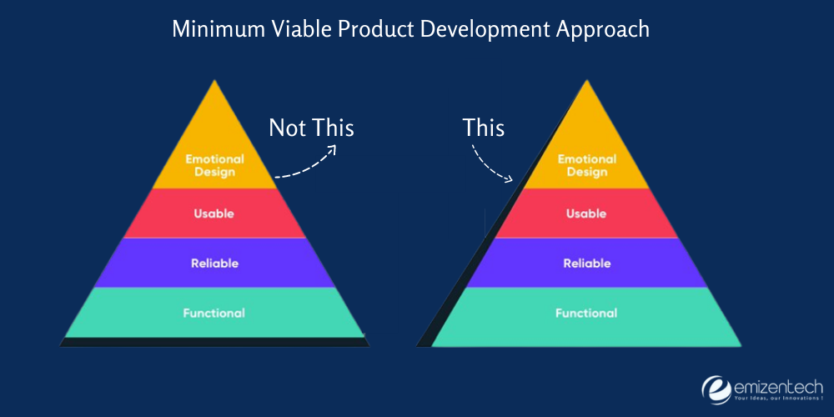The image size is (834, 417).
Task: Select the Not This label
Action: pyautogui.click(x=311, y=128)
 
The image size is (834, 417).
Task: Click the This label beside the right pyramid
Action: pyautogui.click(x=484, y=128)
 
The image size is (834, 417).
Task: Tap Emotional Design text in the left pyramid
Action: pyautogui.click(x=214, y=165)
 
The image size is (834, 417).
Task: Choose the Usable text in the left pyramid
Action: pyautogui.click(x=214, y=214)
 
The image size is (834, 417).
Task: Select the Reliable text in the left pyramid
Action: pyautogui.click(x=214, y=264)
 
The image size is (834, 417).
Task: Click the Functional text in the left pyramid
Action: pyautogui.click(x=214, y=314)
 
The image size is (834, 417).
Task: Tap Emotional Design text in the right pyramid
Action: pyautogui.click(x=586, y=165)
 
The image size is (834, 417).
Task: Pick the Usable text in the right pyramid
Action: pyautogui.click(x=586, y=214)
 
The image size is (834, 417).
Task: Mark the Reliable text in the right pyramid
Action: pyautogui.click(x=586, y=264)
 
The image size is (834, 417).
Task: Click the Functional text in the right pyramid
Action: pyautogui.click(x=586, y=314)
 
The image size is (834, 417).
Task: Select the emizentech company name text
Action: pyautogui.click(x=777, y=384)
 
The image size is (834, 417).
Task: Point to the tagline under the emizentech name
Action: pyautogui.click(x=777, y=398)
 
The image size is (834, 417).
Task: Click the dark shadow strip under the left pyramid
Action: pyautogui.click(x=214, y=342)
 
